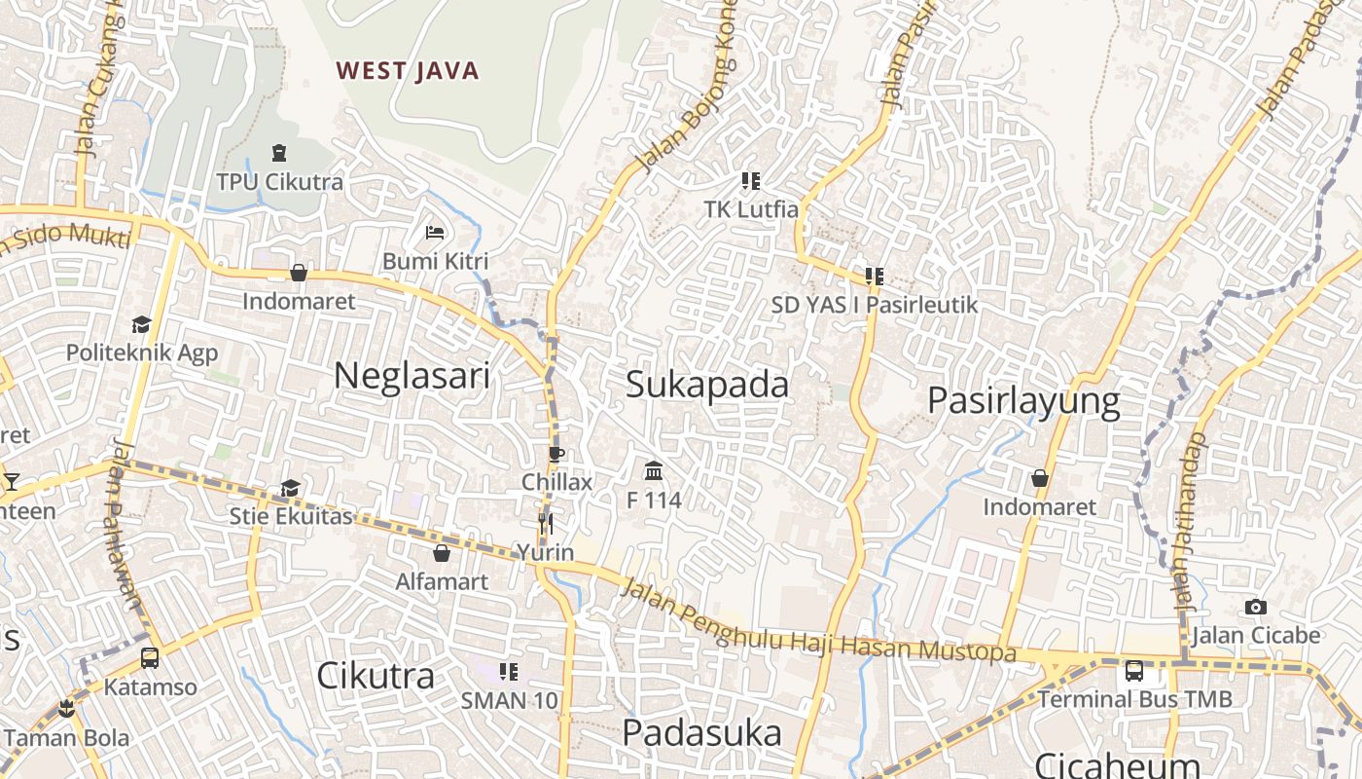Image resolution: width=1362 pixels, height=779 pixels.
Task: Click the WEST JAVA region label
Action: click(408, 71)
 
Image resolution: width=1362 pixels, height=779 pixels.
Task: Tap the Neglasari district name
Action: click(412, 375)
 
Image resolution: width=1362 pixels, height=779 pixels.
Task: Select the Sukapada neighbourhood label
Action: click(707, 385)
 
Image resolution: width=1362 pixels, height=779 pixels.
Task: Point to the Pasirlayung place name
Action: click(1023, 401)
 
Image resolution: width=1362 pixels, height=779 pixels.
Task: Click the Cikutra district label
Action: click(376, 675)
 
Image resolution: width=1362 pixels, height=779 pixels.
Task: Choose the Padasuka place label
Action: click(701, 733)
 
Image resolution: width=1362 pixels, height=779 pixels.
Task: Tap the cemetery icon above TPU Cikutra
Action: click(279, 153)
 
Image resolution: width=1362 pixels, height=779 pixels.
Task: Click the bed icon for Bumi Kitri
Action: click(435, 233)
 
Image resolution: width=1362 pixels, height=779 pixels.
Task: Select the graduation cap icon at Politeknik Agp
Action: click(142, 324)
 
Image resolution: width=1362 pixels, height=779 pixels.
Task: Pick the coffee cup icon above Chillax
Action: click(556, 453)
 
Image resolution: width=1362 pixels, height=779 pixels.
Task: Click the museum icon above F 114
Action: click(654, 471)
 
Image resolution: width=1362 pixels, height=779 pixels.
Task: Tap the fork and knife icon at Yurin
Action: click(545, 525)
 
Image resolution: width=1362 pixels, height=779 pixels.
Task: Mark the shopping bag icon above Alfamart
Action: click(442, 553)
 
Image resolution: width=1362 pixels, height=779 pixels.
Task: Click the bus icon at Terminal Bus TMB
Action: click(1134, 670)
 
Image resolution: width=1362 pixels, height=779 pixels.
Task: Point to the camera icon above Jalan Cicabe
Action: click(1256, 608)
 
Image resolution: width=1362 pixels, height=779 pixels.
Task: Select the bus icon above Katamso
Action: click(150, 658)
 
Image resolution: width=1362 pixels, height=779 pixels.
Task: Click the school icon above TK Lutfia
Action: click(751, 180)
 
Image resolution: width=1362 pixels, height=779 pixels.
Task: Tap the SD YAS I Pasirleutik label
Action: click(874, 305)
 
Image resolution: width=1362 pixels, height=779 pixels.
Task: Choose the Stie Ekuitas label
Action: click(291, 516)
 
